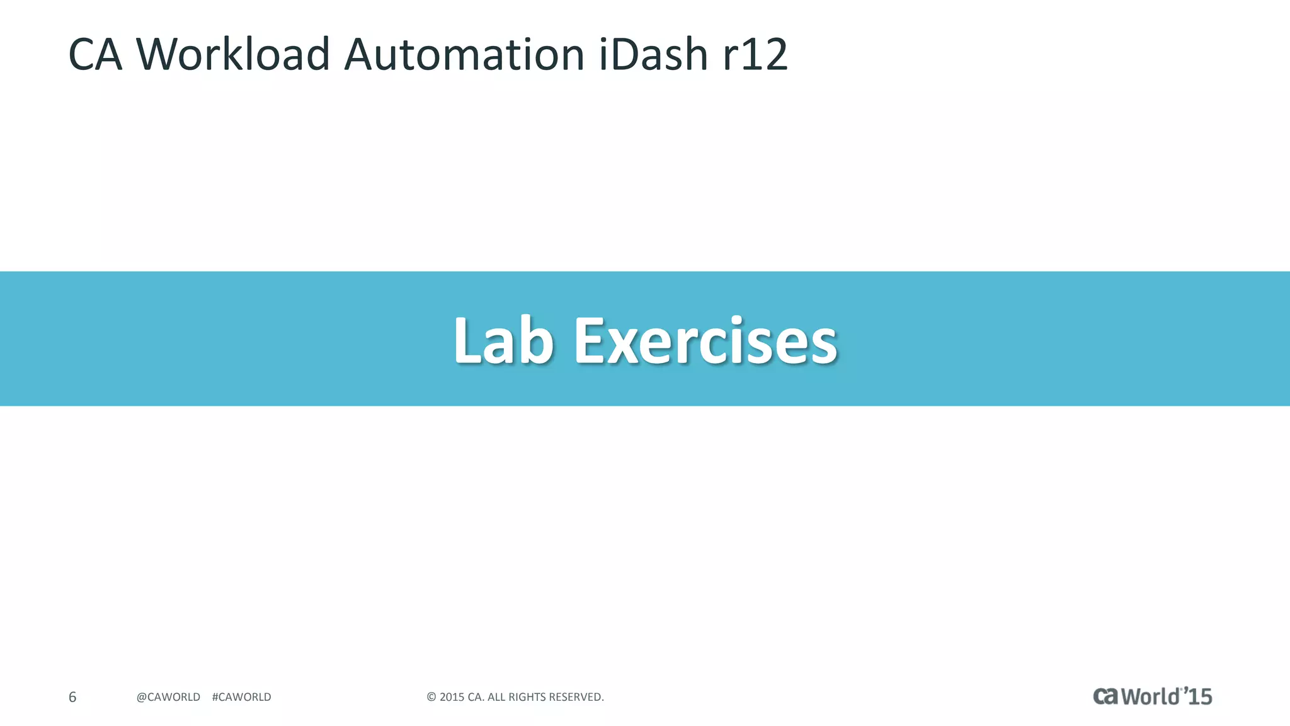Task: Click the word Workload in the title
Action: click(232, 54)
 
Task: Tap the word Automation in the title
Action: click(464, 54)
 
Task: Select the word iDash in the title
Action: click(653, 54)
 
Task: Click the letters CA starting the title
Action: click(94, 54)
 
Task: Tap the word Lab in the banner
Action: click(503, 341)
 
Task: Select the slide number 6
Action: click(72, 697)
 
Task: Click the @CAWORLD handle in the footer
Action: click(168, 697)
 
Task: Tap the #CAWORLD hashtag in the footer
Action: click(242, 697)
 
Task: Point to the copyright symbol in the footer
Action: click(431, 697)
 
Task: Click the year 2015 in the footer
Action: click(452, 697)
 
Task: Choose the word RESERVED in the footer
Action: click(576, 697)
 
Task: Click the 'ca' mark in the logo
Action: click(1106, 696)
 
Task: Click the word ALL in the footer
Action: click(496, 697)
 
